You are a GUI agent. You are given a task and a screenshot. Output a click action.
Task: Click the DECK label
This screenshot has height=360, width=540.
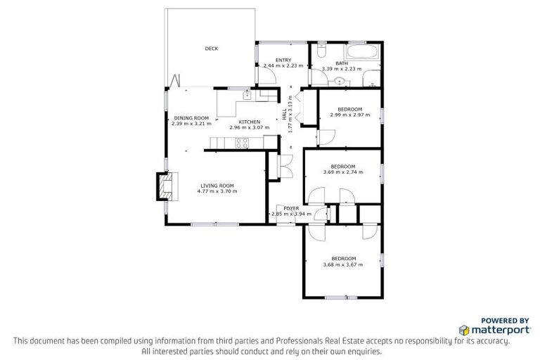click(211, 49)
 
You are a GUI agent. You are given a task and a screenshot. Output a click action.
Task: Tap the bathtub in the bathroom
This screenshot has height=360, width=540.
click(361, 54)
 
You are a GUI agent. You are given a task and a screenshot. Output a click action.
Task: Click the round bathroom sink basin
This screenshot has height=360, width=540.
click(340, 82)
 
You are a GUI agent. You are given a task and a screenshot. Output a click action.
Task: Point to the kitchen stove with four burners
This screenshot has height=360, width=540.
click(242, 143)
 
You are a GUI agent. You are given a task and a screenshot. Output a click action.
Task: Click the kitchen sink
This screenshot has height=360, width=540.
click(247, 94)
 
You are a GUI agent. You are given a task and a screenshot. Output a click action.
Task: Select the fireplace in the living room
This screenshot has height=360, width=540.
click(165, 186)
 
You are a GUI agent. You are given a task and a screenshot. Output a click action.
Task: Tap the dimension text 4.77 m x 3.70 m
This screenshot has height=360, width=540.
click(217, 191)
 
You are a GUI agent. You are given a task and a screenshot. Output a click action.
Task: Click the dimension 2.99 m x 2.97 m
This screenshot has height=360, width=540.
click(349, 115)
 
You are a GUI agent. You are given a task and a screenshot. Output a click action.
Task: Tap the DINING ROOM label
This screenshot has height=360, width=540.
click(191, 117)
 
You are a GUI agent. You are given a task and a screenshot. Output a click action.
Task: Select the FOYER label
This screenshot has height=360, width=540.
click(291, 209)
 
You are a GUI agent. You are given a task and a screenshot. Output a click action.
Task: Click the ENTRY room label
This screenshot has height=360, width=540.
click(283, 60)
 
